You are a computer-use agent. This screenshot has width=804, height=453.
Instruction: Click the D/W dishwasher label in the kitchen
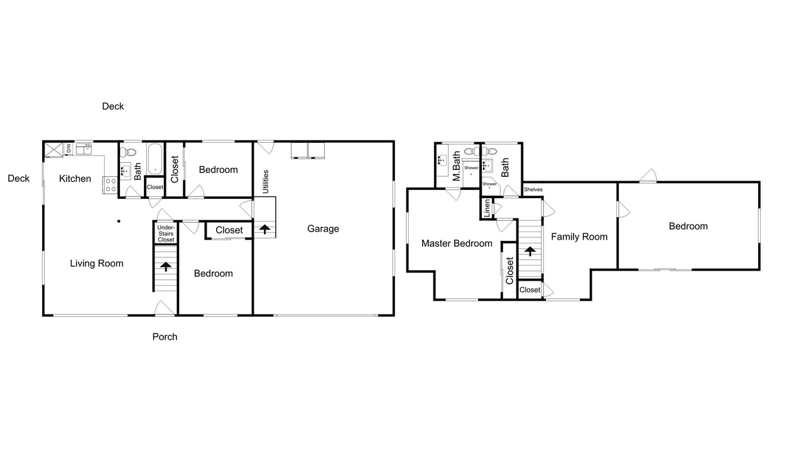[x=68, y=148]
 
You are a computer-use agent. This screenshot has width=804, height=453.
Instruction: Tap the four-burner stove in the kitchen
[x=110, y=186]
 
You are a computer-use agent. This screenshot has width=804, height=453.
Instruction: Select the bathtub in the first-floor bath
[x=155, y=159]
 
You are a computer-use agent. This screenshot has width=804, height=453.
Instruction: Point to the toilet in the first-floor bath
[x=128, y=152]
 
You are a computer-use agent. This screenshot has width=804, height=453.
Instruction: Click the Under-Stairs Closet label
[x=166, y=233]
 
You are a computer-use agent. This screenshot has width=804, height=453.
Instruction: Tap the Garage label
[x=323, y=228]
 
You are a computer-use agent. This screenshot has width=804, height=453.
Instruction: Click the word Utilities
[x=266, y=182]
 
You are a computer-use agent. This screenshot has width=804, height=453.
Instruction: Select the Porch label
[x=165, y=337]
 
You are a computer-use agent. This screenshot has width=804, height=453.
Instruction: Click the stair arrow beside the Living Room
[x=165, y=267]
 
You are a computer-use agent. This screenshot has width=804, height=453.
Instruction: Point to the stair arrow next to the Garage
[x=264, y=229]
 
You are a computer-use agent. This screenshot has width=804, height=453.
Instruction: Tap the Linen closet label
[x=487, y=208]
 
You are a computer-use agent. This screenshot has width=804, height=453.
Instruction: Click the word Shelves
[x=533, y=189]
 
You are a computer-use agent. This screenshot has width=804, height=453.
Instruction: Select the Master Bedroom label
[x=457, y=243]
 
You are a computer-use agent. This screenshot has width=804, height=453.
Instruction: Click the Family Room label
[x=579, y=237]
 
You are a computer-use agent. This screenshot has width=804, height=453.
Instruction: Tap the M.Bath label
[x=456, y=165]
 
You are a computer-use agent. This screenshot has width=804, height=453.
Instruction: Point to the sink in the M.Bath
[x=442, y=160]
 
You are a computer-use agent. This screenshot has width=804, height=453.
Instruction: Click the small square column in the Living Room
[x=119, y=221]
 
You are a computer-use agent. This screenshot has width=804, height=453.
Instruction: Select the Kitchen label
[x=75, y=179]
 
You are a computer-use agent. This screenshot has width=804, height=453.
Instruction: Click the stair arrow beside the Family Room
[x=530, y=251]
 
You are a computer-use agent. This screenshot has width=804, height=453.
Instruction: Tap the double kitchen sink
[x=84, y=149]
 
